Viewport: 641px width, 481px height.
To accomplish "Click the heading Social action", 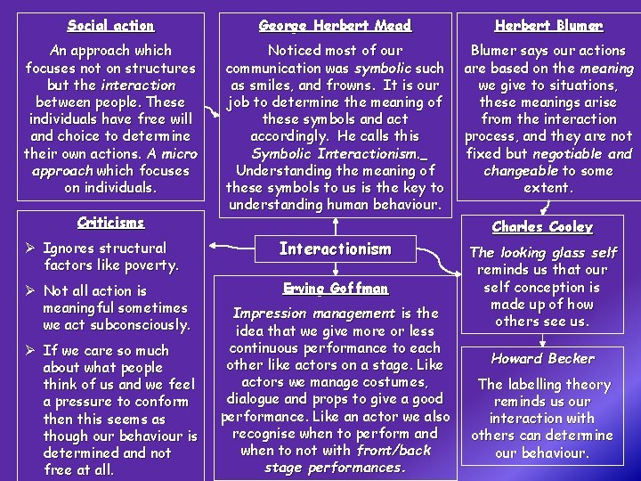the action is tap(110, 26).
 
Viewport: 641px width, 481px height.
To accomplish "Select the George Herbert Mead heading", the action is tap(335, 26).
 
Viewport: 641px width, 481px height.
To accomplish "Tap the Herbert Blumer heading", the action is tap(548, 26).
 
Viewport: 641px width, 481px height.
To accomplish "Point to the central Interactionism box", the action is tap(335, 249).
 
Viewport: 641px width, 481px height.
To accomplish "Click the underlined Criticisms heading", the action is tap(110, 222).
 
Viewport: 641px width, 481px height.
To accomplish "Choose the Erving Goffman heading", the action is tap(335, 288).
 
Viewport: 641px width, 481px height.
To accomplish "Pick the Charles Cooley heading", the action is tap(542, 227).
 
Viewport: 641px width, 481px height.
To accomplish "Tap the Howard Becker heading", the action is tap(542, 358).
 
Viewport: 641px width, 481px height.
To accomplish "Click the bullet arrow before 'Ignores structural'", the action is tap(32, 249).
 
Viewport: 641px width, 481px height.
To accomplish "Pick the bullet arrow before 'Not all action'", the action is tap(32, 291).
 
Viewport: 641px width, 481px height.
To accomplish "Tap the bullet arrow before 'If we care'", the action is tap(32, 351).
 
